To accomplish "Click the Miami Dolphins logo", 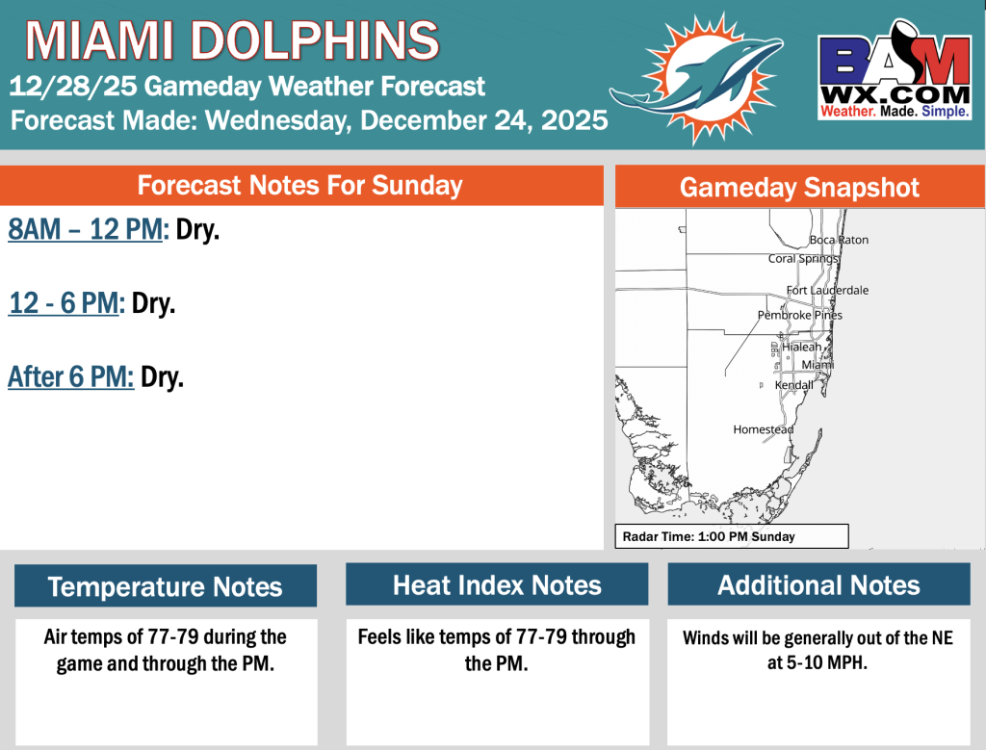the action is tap(697, 78).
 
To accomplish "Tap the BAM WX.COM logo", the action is tap(895, 69).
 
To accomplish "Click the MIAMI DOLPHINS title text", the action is tap(232, 40).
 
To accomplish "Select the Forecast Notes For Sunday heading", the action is tap(300, 186).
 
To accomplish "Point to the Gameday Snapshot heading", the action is tap(799, 188).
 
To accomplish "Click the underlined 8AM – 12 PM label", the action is tap(86, 229).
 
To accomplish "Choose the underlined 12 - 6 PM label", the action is tap(63, 303).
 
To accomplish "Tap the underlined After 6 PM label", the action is tap(70, 376).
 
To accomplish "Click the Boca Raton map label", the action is tap(839, 240).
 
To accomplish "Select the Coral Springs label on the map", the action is tap(803, 259).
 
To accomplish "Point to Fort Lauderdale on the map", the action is tap(827, 291).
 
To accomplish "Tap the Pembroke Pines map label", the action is tap(800, 315).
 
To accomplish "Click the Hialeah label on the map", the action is tap(802, 347).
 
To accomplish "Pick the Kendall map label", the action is tap(793, 385).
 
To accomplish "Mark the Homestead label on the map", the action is tap(764, 429).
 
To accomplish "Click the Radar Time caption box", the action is tap(732, 536).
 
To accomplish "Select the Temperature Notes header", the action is tap(166, 586).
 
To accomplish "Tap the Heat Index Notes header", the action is tap(497, 584).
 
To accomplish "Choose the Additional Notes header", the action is tap(818, 584).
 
